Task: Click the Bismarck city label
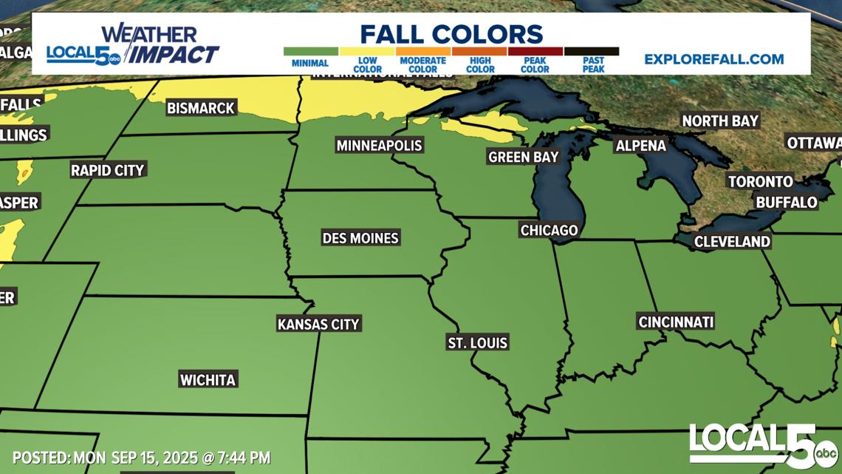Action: pos(200,108)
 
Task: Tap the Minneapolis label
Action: pos(379,145)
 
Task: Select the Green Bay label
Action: pos(523,157)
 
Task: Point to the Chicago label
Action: pos(549,230)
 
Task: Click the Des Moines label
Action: pos(360,238)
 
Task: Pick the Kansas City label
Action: pos(318,324)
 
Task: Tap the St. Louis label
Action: pos(478,342)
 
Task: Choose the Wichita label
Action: pos(208,380)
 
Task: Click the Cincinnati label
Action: pos(676,322)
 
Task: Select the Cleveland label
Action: pos(732,241)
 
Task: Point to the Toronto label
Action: pos(761,181)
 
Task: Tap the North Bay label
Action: pos(720,121)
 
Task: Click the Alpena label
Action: pos(641,146)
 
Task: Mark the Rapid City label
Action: pos(108,170)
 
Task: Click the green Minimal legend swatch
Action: pos(310,52)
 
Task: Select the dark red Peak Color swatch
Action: pos(535,52)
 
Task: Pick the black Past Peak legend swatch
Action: pos(592,52)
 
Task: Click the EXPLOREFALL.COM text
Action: pos(713,59)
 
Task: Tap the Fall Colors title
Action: pos(451,34)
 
